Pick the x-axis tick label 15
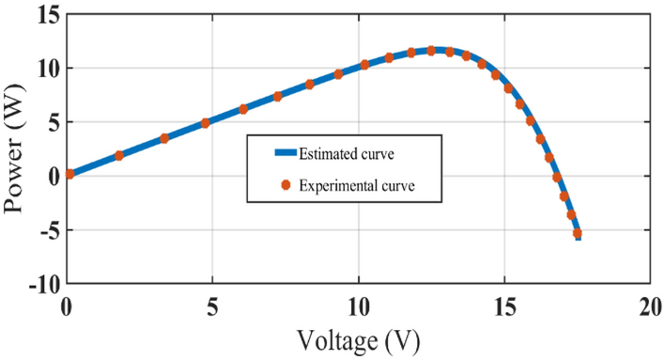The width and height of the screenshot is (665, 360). pyautogui.click(x=504, y=306)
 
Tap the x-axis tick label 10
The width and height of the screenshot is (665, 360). pyautogui.click(x=359, y=306)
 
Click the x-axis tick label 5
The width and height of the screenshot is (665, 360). pyautogui.click(x=212, y=306)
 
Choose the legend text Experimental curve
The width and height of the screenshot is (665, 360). pyautogui.click(x=356, y=185)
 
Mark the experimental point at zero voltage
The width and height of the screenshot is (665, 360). pyautogui.click(x=70, y=174)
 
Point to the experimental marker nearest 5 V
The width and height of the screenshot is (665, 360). pyautogui.click(x=206, y=123)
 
